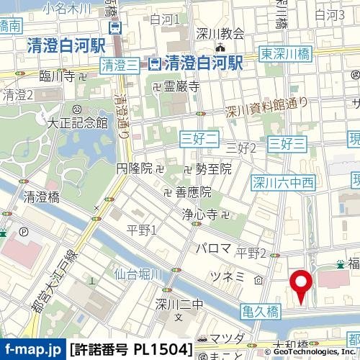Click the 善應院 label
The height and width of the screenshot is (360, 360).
pos(193,192)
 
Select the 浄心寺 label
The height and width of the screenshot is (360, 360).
pos(200,214)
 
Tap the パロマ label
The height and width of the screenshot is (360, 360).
pos(214,248)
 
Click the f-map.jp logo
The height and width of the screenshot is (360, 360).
pos(32,349)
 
